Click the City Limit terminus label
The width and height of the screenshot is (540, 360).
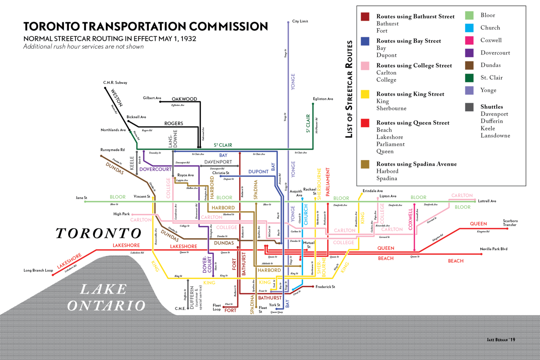point(300,21)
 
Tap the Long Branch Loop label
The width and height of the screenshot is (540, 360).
point(38,270)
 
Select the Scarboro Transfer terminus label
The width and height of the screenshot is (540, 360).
point(510,223)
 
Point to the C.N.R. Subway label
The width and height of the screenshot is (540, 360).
point(115,83)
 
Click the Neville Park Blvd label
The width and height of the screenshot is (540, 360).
point(494,249)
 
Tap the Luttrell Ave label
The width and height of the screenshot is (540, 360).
point(487,201)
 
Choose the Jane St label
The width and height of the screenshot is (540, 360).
point(81,198)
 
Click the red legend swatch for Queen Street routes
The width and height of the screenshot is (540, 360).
point(365,123)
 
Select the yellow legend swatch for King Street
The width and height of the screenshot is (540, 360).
point(365,94)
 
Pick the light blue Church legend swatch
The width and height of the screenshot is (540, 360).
point(469,28)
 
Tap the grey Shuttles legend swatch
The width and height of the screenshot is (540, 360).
point(469,107)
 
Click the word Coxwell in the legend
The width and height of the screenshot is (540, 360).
point(491,40)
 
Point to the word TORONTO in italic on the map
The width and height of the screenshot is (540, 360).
point(98,233)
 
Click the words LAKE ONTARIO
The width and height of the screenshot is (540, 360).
point(105,297)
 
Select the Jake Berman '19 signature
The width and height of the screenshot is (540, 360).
point(501,340)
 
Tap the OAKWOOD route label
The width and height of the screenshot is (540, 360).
point(184,99)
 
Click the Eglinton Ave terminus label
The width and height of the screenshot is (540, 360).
point(323,99)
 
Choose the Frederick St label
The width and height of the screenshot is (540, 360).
point(325,287)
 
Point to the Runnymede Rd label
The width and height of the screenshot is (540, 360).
point(112,150)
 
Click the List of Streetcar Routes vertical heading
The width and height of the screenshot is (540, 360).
point(349,89)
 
